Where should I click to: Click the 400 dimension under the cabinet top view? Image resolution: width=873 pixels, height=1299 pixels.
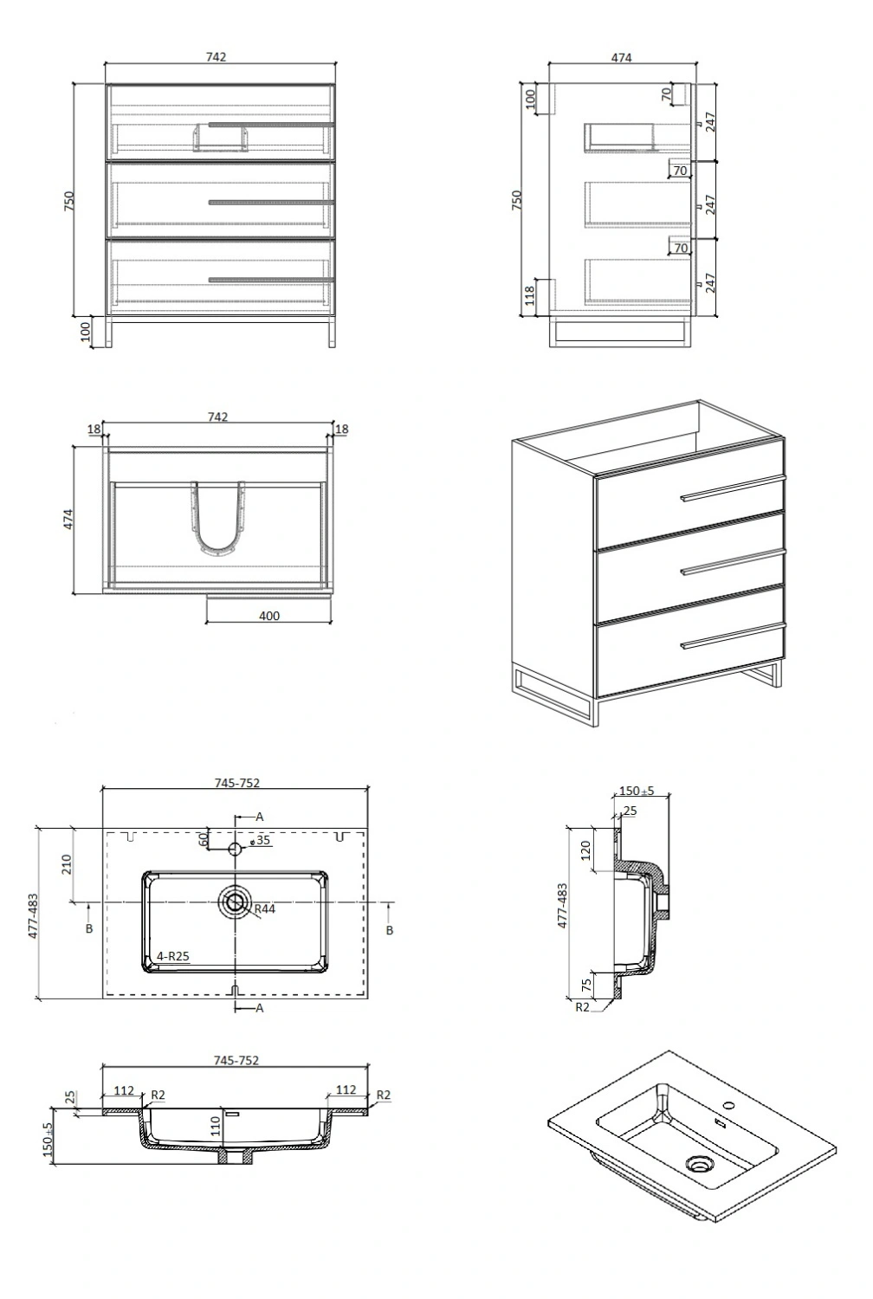[x=269, y=616]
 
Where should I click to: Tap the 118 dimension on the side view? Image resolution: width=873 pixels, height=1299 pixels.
[x=529, y=296]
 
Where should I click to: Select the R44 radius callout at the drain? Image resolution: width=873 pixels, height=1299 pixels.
[x=264, y=908]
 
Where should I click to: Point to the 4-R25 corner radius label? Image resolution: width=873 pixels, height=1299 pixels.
[x=173, y=956]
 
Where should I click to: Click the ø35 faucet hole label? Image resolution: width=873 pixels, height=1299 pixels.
[x=261, y=840]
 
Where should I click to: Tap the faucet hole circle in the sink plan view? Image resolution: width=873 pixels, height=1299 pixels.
[x=235, y=849]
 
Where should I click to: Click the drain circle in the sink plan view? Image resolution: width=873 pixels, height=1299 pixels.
[x=235, y=902]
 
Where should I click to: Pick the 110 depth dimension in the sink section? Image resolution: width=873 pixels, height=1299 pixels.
[x=216, y=1126]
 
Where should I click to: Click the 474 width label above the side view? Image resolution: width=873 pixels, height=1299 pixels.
[x=621, y=57]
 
